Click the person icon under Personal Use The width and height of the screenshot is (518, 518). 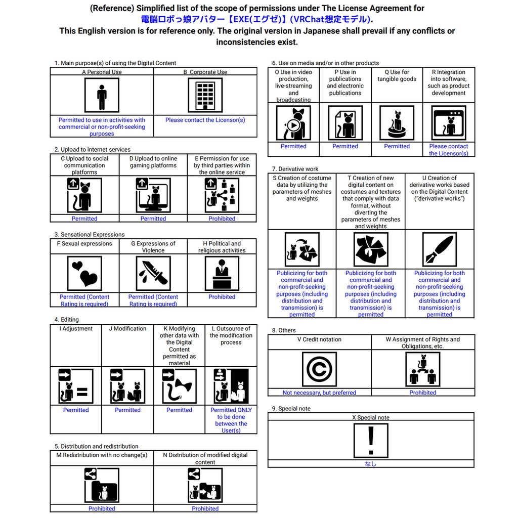(102, 96)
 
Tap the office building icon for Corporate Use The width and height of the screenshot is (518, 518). (205, 96)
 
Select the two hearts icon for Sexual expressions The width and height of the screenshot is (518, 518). (84, 274)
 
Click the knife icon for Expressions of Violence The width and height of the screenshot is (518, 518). (153, 274)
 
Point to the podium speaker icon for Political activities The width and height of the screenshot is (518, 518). (222, 274)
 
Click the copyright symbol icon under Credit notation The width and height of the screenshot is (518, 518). (320, 369)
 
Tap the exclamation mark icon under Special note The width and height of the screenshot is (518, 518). (371, 441)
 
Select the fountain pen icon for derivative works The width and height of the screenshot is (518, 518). (440, 249)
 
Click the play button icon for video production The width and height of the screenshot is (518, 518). (294, 125)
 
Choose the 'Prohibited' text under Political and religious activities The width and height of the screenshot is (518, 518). (222, 297)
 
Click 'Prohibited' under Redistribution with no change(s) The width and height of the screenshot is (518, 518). (102, 509)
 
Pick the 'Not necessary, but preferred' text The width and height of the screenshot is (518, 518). (320, 393)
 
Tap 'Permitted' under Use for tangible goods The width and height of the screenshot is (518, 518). (397, 146)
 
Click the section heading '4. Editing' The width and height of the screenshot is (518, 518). (66, 320)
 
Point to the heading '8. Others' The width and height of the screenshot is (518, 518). (284, 330)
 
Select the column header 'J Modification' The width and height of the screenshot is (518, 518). (127, 329)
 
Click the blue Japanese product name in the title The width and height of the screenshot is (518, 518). (255, 19)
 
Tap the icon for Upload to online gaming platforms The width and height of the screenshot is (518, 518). (153, 195)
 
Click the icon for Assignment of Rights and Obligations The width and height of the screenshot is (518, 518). (423, 369)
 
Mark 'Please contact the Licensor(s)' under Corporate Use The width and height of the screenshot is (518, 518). (205, 120)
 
